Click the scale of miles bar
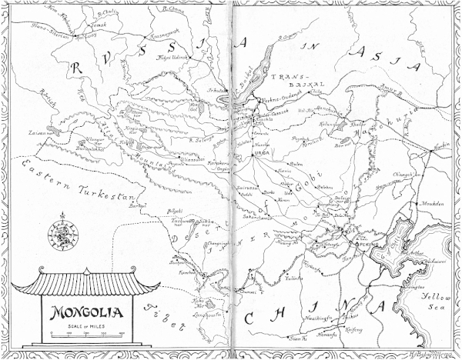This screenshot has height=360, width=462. click(x=85, y=333)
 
